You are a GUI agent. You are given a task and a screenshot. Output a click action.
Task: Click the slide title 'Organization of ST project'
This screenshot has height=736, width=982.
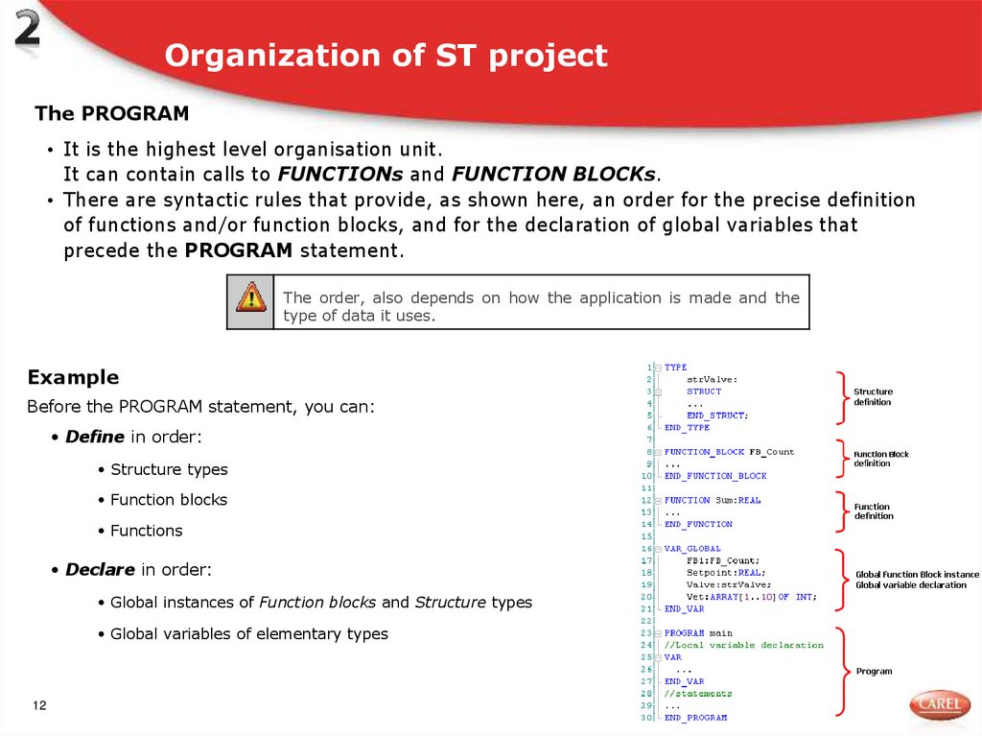coord(386,56)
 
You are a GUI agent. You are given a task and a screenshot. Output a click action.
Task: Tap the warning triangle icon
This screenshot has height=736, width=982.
coord(250,297)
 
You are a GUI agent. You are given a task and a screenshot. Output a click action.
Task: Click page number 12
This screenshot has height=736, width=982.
coord(39,706)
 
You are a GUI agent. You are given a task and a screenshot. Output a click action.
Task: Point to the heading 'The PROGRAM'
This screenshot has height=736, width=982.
coord(111,114)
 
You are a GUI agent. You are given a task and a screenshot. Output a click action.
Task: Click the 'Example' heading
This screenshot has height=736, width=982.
coord(73,377)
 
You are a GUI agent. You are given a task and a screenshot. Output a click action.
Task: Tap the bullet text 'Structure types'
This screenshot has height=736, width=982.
coord(169,469)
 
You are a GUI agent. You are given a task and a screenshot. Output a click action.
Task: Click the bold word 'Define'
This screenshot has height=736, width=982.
coord(95,437)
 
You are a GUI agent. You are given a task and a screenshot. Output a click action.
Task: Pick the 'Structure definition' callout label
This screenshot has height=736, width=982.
coord(873,396)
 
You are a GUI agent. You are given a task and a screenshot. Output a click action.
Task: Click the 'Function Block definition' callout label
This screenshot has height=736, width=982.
coord(880,459)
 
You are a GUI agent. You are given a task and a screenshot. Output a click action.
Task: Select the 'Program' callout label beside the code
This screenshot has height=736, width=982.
coord(874,672)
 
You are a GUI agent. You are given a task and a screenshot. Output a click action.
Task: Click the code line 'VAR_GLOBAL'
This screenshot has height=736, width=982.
coord(692,549)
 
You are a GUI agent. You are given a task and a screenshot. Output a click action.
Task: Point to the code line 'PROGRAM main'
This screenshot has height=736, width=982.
coord(698,633)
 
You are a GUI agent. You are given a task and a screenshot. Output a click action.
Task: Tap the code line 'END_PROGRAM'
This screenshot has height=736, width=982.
coord(695,718)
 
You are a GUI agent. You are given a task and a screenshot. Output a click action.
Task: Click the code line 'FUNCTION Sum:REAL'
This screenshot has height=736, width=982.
coord(712,500)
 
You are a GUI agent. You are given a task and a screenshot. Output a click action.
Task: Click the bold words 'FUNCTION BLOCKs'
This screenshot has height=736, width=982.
coord(553,175)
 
